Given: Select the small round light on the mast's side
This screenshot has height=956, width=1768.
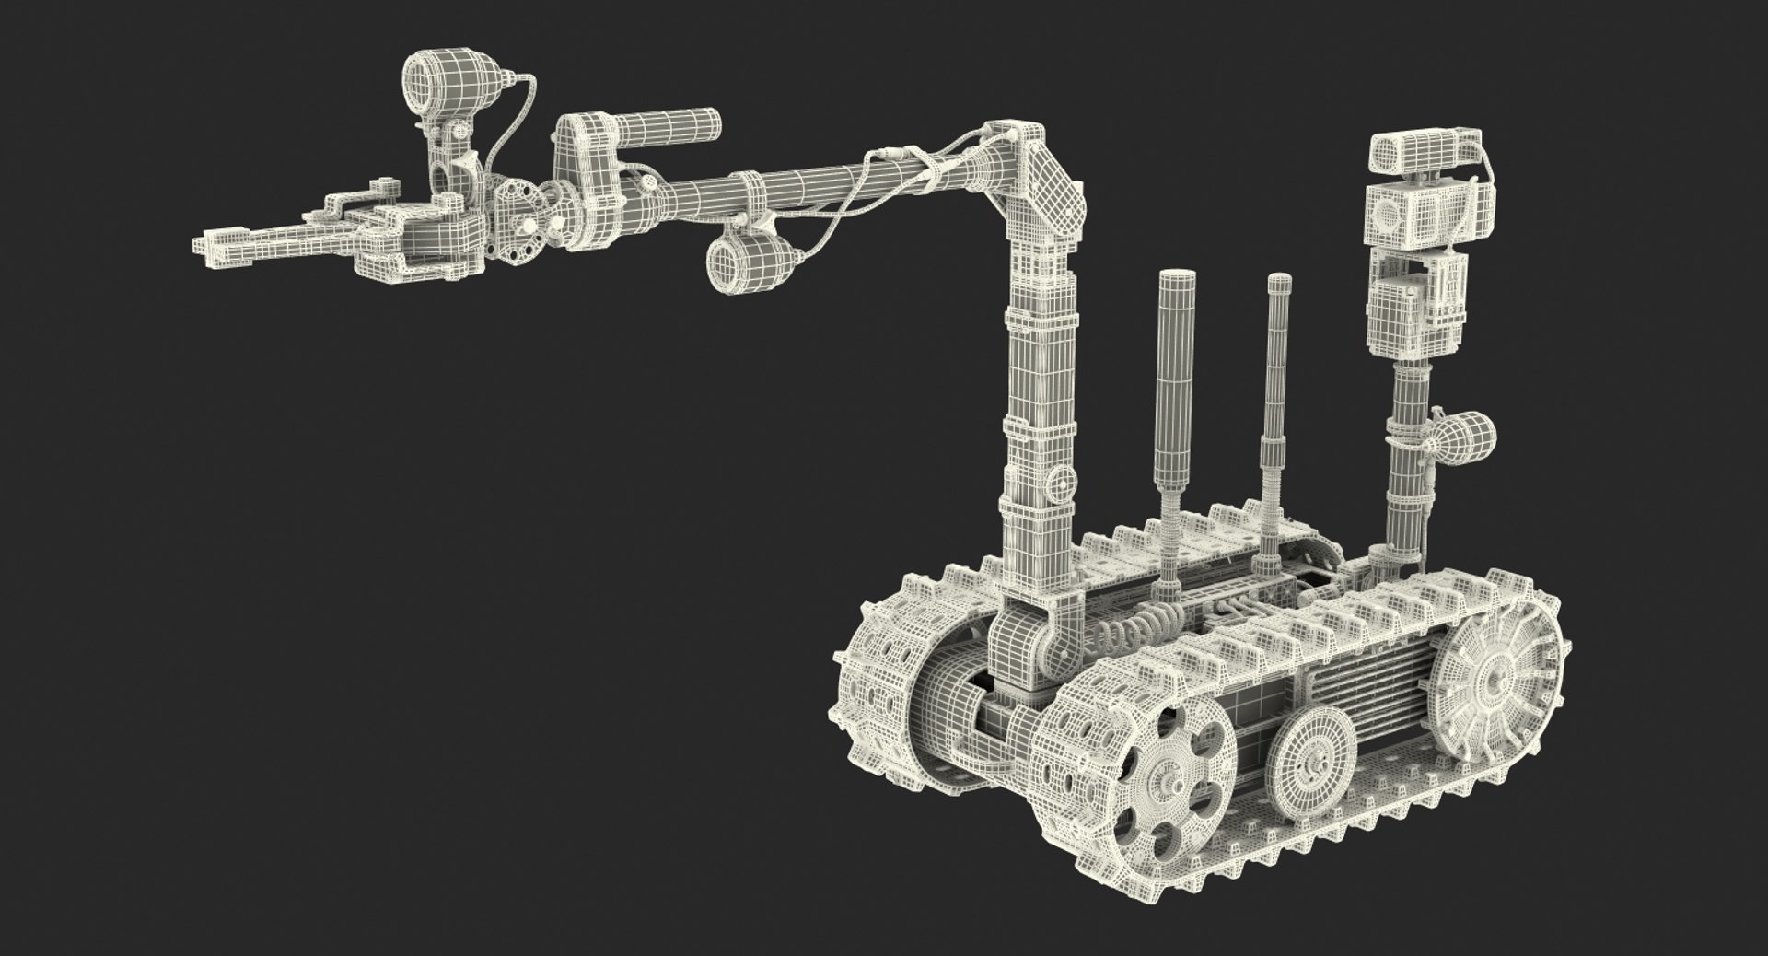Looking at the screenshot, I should pos(1465,441).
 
